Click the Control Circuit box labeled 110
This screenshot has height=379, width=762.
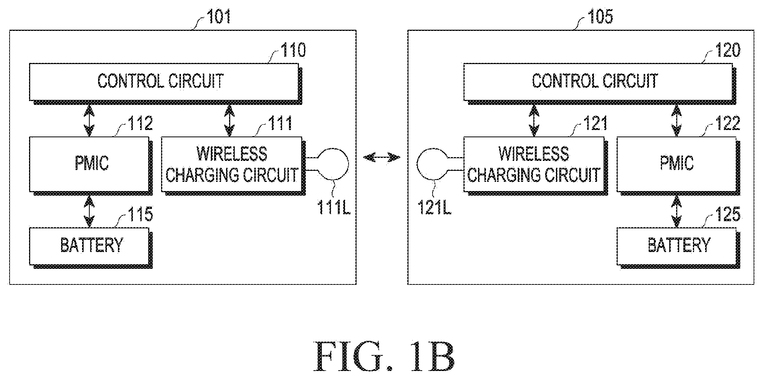(165, 83)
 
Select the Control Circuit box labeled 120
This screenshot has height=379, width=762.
(599, 83)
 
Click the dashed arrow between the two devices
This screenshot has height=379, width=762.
(381, 157)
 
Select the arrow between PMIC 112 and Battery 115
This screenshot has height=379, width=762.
(89, 212)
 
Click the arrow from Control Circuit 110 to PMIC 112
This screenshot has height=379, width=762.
(89, 120)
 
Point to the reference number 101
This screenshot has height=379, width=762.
(218, 17)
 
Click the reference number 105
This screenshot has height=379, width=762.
(600, 17)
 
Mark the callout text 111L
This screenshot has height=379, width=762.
(333, 207)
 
